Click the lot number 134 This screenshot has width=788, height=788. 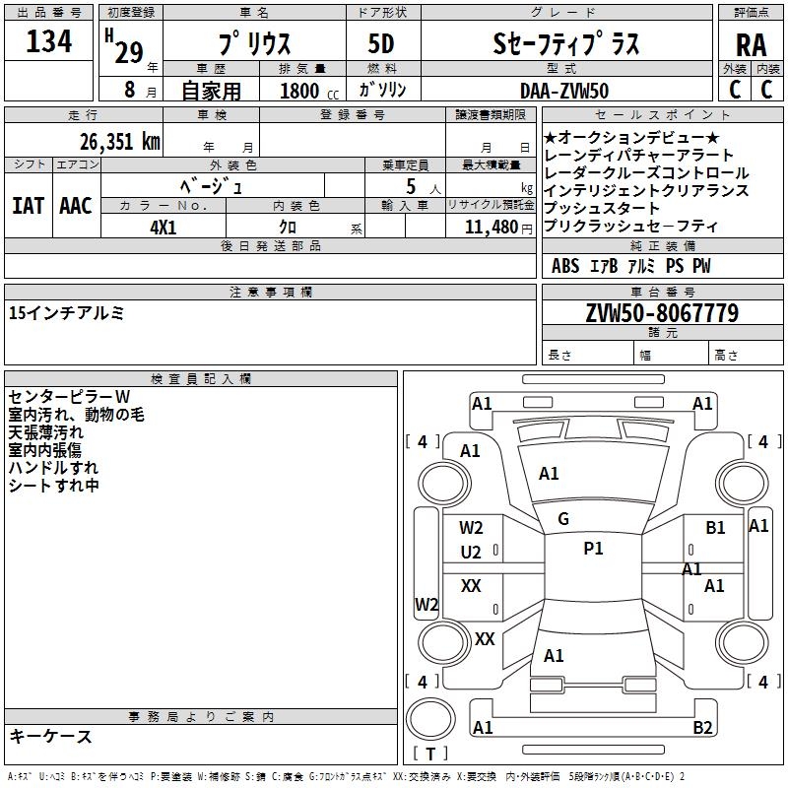coord(48,41)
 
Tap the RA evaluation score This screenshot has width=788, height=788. coord(751,45)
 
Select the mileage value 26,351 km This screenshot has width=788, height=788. coord(119,142)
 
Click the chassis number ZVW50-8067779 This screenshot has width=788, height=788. coord(662,312)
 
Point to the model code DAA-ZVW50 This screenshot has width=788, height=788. coord(564,91)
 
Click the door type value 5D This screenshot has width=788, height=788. coord(381,43)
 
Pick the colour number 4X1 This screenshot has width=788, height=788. coord(163,228)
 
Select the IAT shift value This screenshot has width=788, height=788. coord(28,206)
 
